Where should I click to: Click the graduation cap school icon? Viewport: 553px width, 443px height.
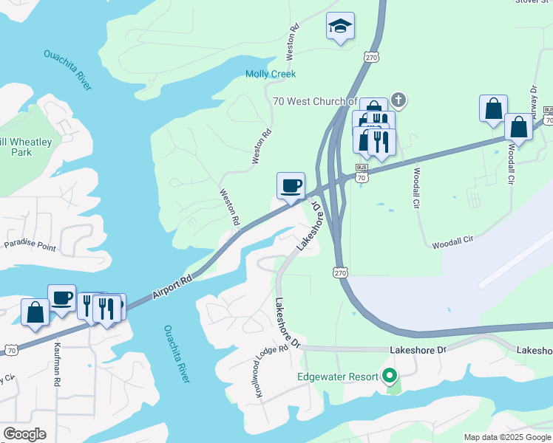340,27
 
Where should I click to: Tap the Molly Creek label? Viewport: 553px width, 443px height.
271,74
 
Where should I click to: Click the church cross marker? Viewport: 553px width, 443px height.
398,99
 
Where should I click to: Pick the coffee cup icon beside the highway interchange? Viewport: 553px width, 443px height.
291,185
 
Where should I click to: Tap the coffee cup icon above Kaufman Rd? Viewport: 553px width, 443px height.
61,298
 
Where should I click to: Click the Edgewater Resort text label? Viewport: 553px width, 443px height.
338,377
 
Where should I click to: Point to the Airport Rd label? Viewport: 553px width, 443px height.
173,287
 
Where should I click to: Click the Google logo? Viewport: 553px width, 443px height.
24,434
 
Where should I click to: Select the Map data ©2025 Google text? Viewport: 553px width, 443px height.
507,437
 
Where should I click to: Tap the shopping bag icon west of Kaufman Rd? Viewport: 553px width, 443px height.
35,312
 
